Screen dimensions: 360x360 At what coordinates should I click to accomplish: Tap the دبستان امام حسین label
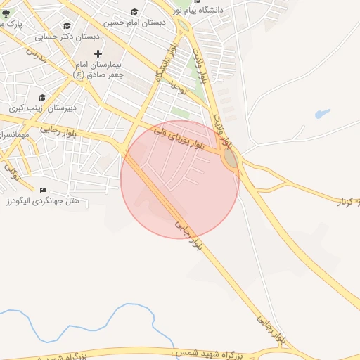pos(134,22)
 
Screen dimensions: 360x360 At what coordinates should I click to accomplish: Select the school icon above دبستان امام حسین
pos(134,12)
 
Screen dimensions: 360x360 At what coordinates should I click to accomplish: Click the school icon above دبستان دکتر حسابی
pos(67,25)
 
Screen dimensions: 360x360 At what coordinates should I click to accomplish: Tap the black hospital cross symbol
pos(98,53)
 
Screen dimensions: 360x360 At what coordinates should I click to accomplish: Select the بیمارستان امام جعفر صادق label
pos(100,69)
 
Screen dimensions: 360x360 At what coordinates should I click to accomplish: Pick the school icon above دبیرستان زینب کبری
pos(42,98)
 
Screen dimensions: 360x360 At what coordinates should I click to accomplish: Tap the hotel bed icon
pos(44,190)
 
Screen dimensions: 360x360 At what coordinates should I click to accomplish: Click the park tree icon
pos(6,12)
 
